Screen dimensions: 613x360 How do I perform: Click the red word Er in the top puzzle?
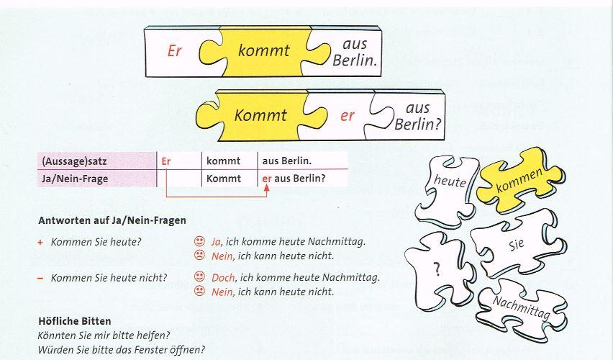[x=174, y=52]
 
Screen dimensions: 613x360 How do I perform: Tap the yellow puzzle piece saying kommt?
[x=263, y=50]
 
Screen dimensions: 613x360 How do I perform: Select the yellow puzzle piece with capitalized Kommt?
[x=260, y=115]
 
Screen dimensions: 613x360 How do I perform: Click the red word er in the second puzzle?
[x=348, y=116]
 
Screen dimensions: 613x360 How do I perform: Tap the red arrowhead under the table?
[x=266, y=188]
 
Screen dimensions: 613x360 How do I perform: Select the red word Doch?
[x=224, y=277]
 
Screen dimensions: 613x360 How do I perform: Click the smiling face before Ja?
[x=198, y=241]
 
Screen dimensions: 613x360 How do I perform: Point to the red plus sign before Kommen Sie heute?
[x=40, y=242]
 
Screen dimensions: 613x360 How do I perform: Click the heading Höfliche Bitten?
[x=74, y=320]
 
